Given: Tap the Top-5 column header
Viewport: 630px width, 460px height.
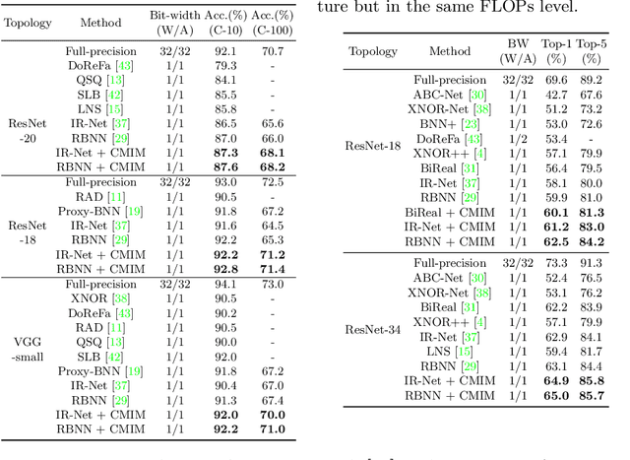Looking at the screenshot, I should pyautogui.click(x=591, y=50).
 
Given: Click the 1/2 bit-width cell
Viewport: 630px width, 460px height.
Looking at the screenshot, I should pyautogui.click(x=518, y=140).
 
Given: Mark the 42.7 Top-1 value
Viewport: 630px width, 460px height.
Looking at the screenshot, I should pyautogui.click(x=556, y=96).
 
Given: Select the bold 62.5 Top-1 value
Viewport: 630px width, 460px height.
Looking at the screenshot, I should pyautogui.click(x=556, y=241).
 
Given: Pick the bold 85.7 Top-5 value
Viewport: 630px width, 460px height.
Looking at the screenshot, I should pyautogui.click(x=591, y=395).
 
